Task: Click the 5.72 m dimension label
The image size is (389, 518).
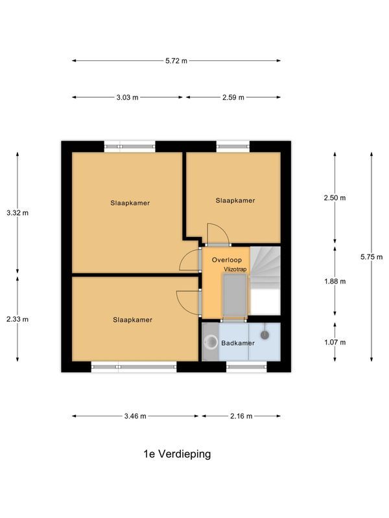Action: [176, 61]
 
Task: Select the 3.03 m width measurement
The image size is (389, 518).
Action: [127, 98]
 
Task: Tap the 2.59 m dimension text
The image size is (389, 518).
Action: [233, 98]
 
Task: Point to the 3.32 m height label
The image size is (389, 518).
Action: [18, 213]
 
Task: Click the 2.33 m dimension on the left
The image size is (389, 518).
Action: [18, 319]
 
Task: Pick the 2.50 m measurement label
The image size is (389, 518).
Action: [335, 198]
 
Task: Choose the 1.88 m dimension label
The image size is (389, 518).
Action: [335, 282]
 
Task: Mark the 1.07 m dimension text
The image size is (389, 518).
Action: [335, 343]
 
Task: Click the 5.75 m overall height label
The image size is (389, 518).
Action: [371, 257]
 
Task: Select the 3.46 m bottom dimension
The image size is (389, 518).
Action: [135, 416]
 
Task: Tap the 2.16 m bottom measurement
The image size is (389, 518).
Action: [241, 416]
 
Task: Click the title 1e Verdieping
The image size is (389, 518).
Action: [177, 455]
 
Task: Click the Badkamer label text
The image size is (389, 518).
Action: [238, 343]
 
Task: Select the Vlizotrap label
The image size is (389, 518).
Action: [235, 269]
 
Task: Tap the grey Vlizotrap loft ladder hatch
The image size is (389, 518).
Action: [235, 296]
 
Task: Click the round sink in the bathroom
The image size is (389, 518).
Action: [211, 341]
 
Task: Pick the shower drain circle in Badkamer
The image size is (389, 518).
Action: [265, 335]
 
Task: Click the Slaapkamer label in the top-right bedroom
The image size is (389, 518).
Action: [235, 201]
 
